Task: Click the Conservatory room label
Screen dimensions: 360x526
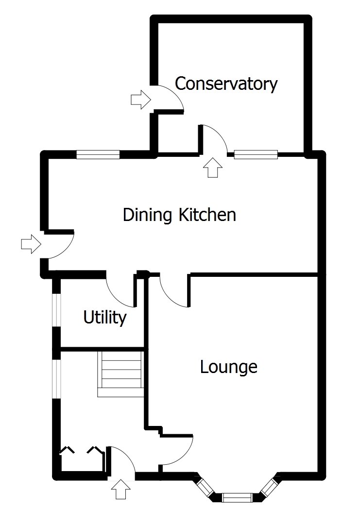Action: point(226,84)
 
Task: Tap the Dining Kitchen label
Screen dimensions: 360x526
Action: point(179,214)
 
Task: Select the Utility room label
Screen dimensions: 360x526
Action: point(105,318)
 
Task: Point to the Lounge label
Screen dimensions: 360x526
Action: point(228,367)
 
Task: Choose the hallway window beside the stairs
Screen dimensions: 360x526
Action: point(57,378)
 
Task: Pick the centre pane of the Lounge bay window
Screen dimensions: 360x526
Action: point(237,497)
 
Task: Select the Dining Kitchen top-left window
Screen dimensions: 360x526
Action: point(98,154)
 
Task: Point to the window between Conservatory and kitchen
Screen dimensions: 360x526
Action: point(256,154)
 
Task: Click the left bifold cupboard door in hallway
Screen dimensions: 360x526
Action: point(67,450)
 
